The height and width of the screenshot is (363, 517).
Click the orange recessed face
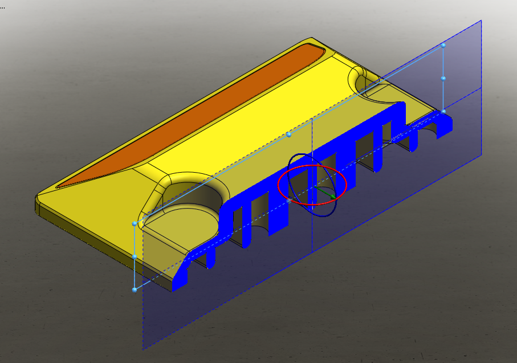pos(188,114)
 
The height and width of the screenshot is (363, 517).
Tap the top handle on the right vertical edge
pos(443,44)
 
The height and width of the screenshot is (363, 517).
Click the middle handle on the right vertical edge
pos(443,78)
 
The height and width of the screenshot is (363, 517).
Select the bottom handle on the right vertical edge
pos(443,112)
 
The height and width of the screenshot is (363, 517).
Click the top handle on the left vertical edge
pos(135,223)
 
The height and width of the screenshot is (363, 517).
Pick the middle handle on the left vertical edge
pos(135,257)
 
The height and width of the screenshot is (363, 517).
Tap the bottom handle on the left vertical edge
pos(135,290)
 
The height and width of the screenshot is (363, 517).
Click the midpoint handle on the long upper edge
pos(289,134)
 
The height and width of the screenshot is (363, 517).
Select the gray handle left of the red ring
pos(290,201)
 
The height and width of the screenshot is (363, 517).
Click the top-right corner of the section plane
pos(482,21)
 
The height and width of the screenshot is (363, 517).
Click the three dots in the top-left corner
pos(2,7)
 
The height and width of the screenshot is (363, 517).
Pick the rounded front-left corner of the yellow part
pos(39,199)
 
